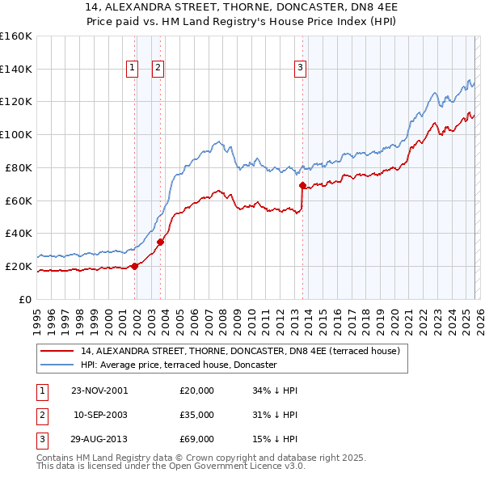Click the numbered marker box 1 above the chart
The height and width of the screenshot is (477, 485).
[132, 69]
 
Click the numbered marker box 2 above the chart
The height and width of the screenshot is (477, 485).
[158, 69]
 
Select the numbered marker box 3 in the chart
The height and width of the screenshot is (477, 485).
[300, 69]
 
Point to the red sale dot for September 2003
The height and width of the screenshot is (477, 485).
[161, 241]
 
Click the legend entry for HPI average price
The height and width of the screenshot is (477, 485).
[179, 365]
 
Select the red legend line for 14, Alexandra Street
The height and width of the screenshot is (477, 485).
[57, 352]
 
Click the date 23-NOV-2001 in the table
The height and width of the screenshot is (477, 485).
[99, 390]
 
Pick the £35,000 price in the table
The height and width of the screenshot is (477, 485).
[197, 415]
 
